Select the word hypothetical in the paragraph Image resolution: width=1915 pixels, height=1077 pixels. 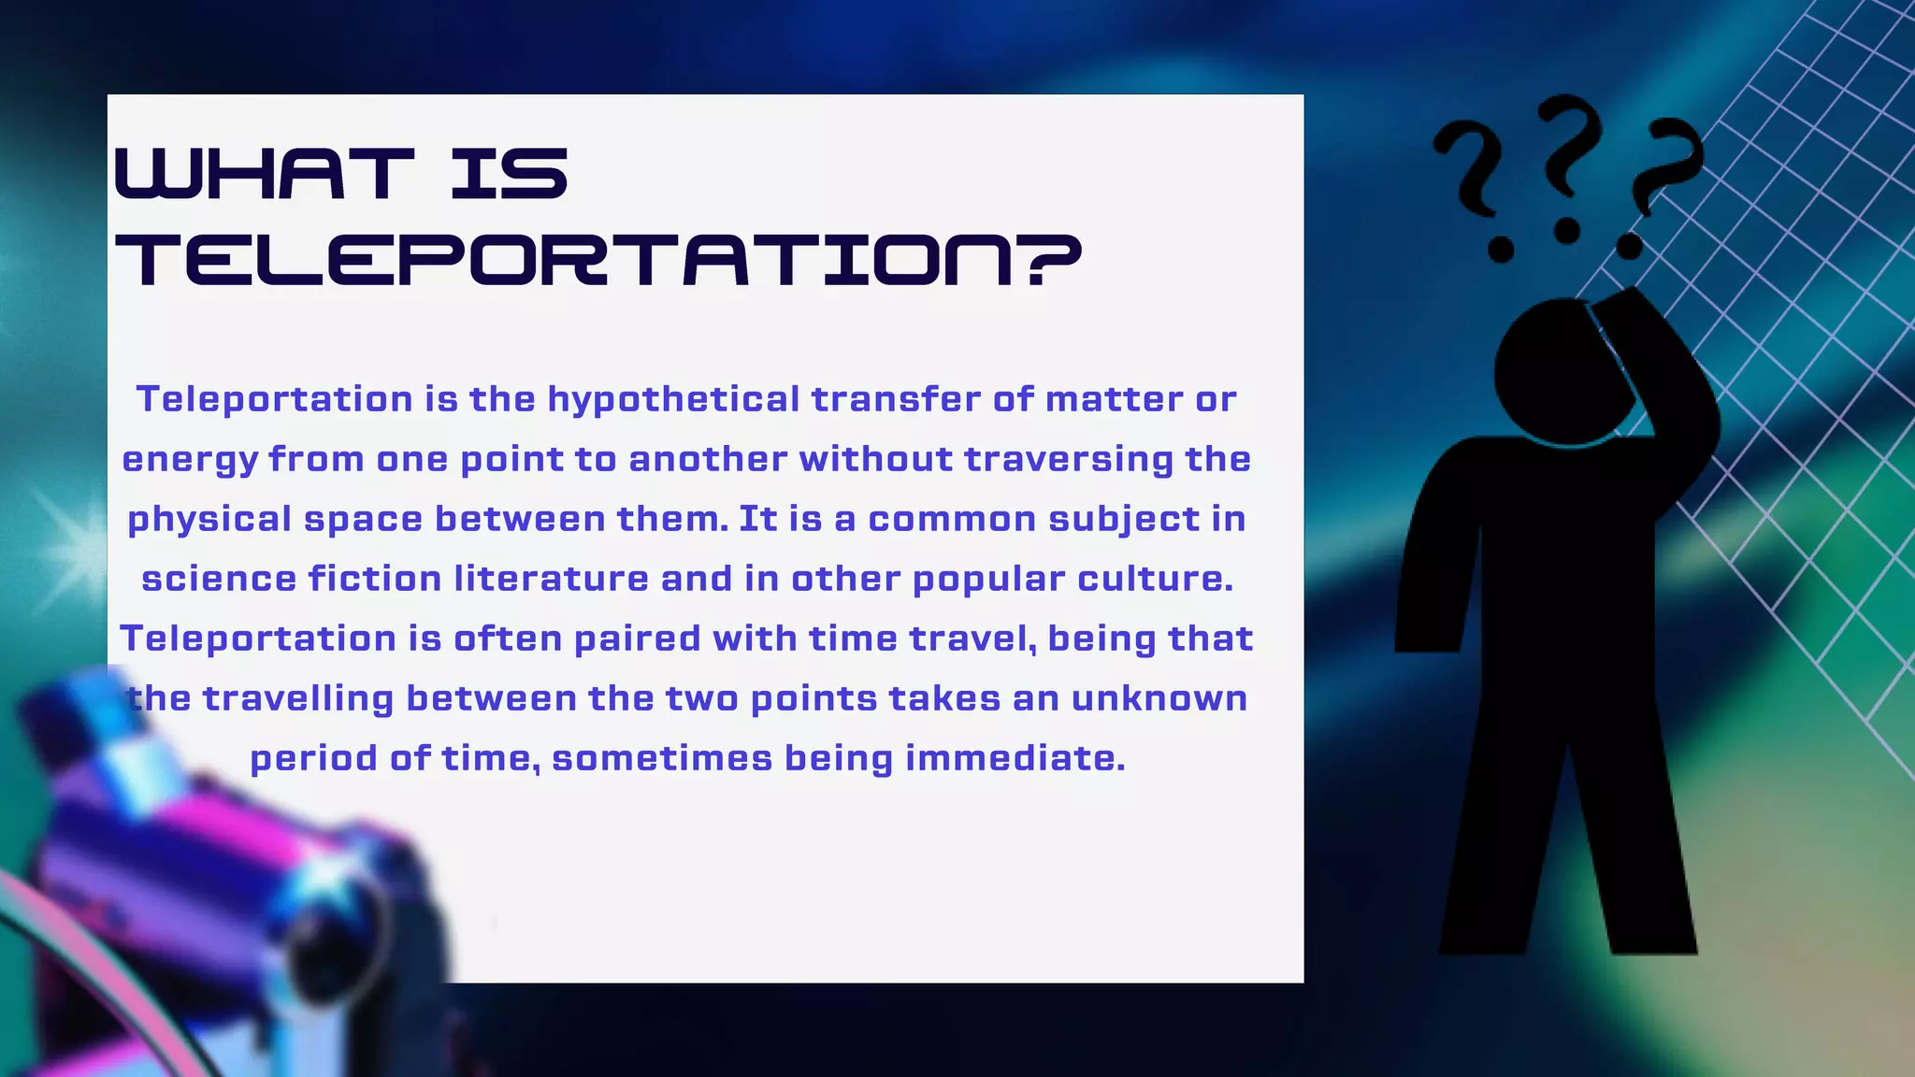click(x=673, y=400)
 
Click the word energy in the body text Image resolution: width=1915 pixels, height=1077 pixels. click(x=190, y=460)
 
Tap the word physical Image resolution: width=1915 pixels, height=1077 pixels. click(x=209, y=520)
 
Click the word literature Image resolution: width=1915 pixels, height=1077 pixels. click(x=552, y=579)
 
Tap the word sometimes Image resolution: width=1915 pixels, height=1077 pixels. click(x=662, y=758)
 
